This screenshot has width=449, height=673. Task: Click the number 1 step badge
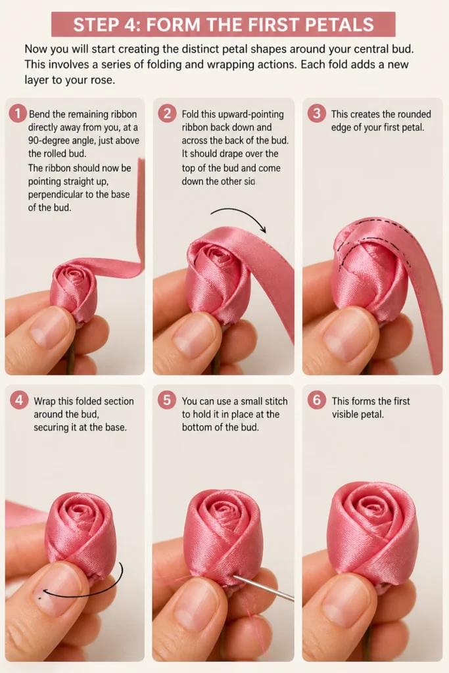(18, 114)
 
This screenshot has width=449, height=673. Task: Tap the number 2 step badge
(167, 114)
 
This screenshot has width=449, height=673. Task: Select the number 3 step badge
(316, 114)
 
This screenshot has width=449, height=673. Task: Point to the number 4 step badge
(19, 400)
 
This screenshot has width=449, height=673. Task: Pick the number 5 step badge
(167, 400)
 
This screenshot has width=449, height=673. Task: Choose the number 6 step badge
(316, 400)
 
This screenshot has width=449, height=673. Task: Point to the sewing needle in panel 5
(264, 588)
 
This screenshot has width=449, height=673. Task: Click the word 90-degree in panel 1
(55, 141)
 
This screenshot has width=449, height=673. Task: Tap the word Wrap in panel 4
(45, 402)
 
